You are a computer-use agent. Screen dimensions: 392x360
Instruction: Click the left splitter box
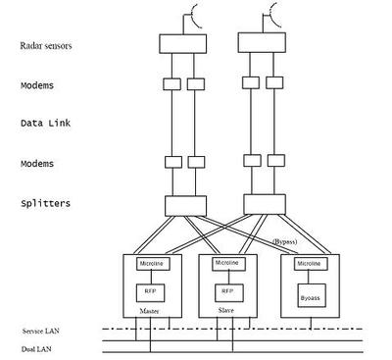[184, 204]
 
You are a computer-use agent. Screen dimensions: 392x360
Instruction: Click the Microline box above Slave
[227, 263]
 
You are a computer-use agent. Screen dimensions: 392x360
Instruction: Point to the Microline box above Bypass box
[309, 264]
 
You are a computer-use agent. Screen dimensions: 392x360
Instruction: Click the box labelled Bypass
[309, 291]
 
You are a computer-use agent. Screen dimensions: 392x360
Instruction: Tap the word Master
[150, 312]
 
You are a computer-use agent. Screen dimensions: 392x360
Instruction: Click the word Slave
[225, 311]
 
